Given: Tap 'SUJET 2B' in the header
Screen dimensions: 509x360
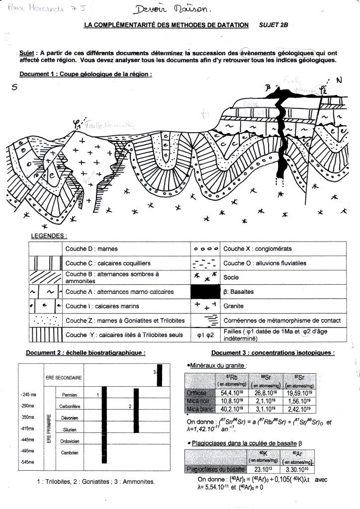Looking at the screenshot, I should (273, 25).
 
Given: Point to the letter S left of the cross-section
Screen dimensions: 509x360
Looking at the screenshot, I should (14, 87).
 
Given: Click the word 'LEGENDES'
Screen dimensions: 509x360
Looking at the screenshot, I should (49, 236).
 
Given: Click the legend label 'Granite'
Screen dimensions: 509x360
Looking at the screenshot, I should (234, 307).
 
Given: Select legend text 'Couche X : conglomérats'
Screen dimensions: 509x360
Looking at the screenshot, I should (258, 249).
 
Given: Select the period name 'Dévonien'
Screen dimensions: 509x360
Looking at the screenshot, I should (69, 417).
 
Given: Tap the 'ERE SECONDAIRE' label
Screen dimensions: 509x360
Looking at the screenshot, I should (63, 378).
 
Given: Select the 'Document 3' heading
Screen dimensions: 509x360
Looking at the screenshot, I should (272, 353).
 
